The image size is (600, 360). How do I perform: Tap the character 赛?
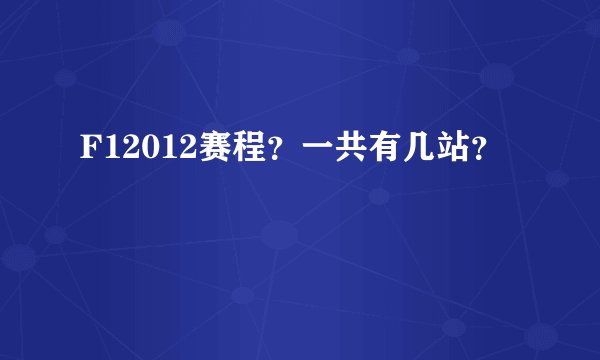pos(196,153)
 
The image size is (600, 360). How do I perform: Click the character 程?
pos(228,153)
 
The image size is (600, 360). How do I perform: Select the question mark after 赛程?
pos(250,156)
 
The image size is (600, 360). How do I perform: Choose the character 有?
pos(355,153)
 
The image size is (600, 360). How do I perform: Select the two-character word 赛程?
pos(212,153)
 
